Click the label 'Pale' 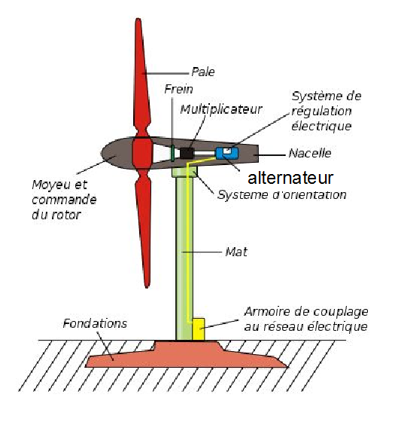tap(203, 72)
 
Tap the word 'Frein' tap(178, 89)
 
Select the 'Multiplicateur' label tap(221, 109)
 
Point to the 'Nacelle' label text tap(310, 153)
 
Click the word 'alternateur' tap(290, 178)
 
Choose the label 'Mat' tap(236, 252)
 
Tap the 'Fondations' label tap(95, 323)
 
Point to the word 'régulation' tap(321, 112)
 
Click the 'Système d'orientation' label tap(282, 195)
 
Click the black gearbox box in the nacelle tap(187, 153)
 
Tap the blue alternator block tap(226, 154)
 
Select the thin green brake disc tap(172, 153)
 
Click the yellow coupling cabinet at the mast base tap(198, 329)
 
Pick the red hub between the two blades tap(141, 153)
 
